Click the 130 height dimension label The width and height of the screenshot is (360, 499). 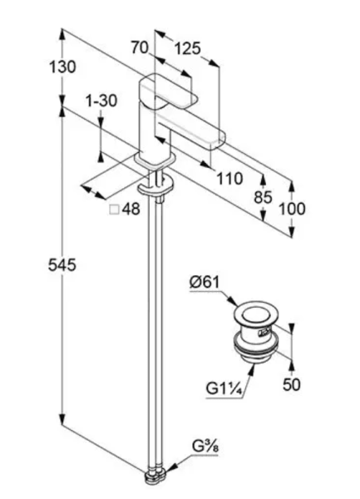pos(62,67)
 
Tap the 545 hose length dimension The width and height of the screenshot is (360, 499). pos(62,264)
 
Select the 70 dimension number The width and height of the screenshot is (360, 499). pos(140,48)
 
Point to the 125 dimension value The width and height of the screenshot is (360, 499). pos(188,49)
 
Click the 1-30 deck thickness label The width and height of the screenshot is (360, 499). pos(101,101)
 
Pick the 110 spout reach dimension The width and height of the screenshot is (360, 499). pos(230,179)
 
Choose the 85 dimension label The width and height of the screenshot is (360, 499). pos(263,197)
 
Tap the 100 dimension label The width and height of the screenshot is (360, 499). pos(292,209)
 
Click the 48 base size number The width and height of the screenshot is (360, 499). pos(131,209)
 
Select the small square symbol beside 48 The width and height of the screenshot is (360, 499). pos(114,210)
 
